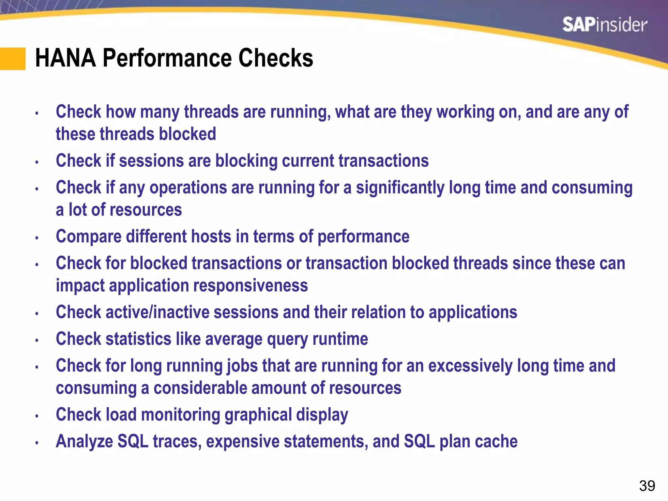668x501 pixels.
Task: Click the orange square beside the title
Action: pyautogui.click(x=13, y=59)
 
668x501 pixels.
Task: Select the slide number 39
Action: pyautogui.click(x=647, y=486)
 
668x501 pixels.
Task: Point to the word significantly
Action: pyautogui.click(x=400, y=188)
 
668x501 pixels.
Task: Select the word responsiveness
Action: pyautogui.click(x=250, y=286)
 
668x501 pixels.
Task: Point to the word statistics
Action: pyautogui.click(x=138, y=339)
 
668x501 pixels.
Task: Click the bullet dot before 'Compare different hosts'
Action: pyautogui.click(x=37, y=238)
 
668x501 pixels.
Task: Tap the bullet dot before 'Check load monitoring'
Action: pyautogui.click(x=37, y=416)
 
